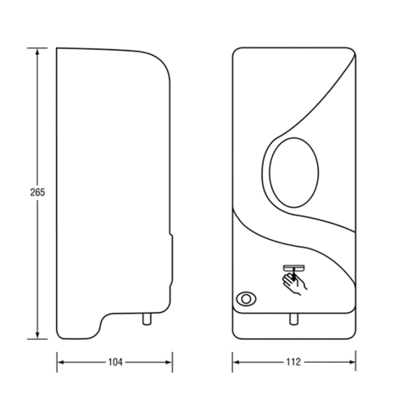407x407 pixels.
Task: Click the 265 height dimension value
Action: (37, 192)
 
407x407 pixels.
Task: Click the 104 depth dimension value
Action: (115, 362)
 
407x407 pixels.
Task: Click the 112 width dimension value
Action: (293, 362)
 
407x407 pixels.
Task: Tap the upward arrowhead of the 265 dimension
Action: (37, 52)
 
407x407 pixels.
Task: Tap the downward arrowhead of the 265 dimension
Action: (37, 335)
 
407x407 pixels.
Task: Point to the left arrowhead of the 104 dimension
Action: (61, 362)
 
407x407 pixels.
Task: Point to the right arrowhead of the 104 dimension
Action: (169, 362)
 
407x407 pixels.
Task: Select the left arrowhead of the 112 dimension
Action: (237, 362)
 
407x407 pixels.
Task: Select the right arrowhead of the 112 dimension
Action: (352, 362)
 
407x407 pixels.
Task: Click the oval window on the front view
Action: (294, 173)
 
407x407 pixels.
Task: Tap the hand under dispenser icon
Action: (294, 280)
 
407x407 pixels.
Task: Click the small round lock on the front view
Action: (246, 298)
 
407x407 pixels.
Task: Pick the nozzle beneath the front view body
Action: (293, 319)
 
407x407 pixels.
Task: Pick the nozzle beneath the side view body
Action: (147, 319)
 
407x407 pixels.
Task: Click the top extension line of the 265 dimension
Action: (37, 48)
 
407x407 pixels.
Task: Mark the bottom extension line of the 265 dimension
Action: (37, 339)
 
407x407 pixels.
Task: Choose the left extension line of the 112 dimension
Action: (232, 362)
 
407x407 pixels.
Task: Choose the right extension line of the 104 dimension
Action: (172, 362)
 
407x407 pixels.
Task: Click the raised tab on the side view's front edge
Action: (171, 260)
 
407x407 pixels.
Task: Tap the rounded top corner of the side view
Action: (161, 62)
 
